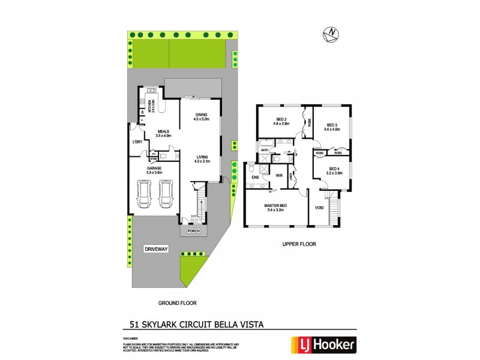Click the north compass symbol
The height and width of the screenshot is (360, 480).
point(329,35)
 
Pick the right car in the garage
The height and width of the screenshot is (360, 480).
point(165,193)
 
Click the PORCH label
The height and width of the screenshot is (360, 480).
point(193,231)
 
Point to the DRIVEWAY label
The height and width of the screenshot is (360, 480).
point(156,248)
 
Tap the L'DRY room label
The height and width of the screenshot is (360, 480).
point(137,142)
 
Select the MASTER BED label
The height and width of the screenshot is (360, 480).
point(276,206)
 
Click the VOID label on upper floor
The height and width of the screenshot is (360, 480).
point(319,208)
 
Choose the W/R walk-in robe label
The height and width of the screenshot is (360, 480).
point(279,175)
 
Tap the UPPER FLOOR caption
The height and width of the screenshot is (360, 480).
point(299,244)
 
